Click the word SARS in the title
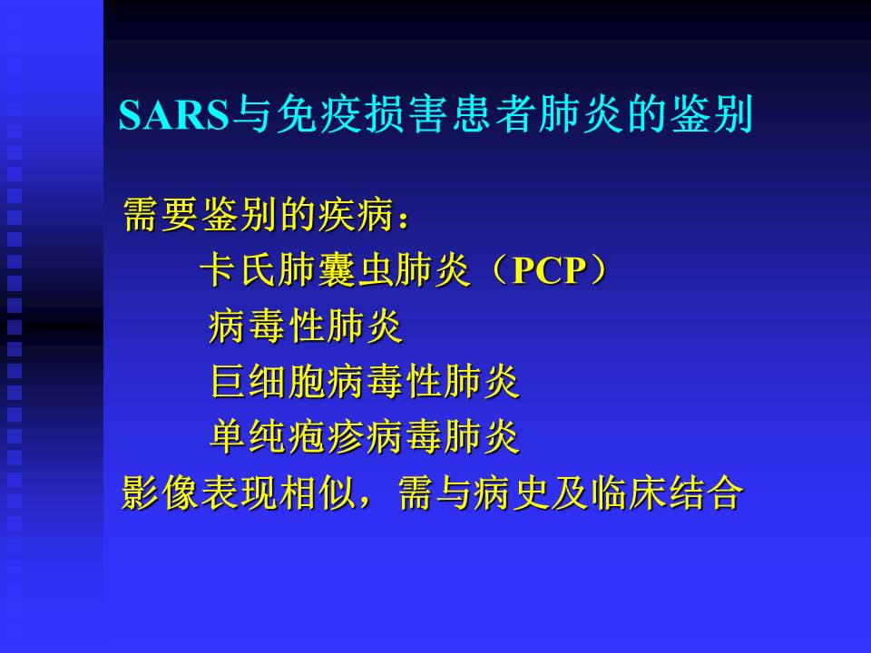click(174, 115)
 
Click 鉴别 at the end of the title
click(711, 114)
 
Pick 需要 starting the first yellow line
click(161, 214)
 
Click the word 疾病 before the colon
click(356, 214)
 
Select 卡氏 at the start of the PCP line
click(237, 270)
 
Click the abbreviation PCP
click(550, 271)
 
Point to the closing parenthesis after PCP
click(599, 270)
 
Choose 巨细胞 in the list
click(269, 381)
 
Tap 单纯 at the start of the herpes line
click(248, 436)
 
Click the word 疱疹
click(326, 436)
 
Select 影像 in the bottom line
click(160, 492)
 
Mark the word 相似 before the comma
click(317, 492)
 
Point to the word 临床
click(629, 492)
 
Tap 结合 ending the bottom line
click(706, 492)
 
